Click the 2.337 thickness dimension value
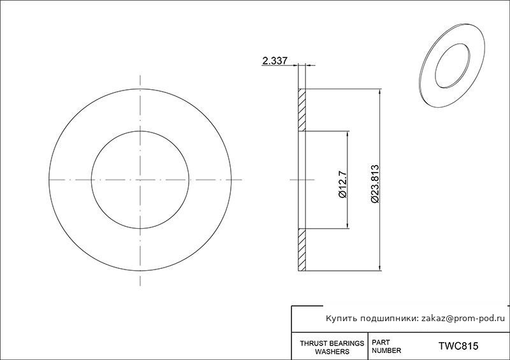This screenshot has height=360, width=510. pos(275,61)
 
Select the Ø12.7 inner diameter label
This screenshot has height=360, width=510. pos(343,184)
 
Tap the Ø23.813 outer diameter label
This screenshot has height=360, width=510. pos(375,184)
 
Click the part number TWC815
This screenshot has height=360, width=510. pos(458,346)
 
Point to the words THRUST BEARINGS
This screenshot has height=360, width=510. pos(331,343)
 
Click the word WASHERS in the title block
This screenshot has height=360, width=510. pos(332,352)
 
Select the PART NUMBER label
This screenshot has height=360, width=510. pos(386,347)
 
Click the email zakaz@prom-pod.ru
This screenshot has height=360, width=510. pos(463,319)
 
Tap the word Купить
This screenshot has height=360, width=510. pos(340,319)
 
